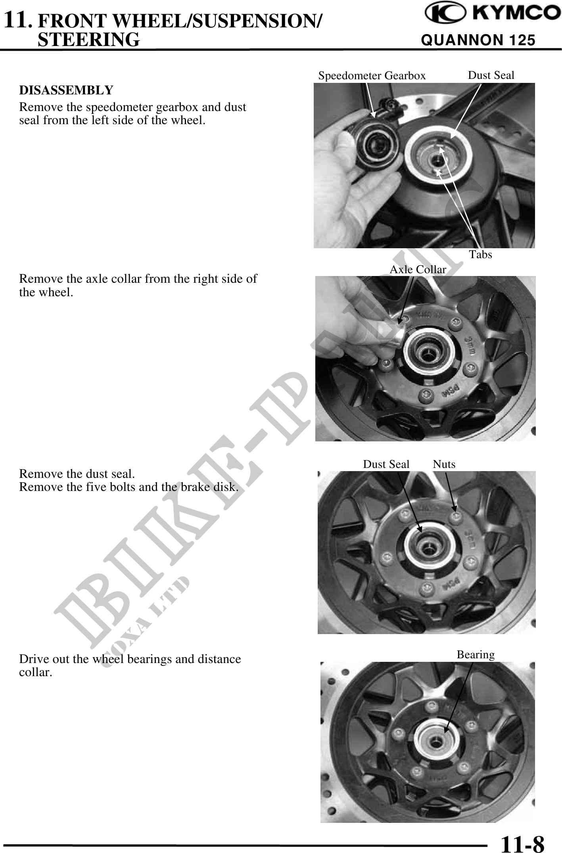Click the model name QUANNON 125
(478, 40)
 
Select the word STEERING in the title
(88, 40)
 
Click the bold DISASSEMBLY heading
(66, 90)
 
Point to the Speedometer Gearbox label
(372, 76)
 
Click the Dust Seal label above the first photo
(491, 75)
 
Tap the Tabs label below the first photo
(481, 254)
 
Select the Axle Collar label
(418, 270)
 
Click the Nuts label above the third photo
(444, 464)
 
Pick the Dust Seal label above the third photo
(386, 464)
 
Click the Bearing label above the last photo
(476, 654)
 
